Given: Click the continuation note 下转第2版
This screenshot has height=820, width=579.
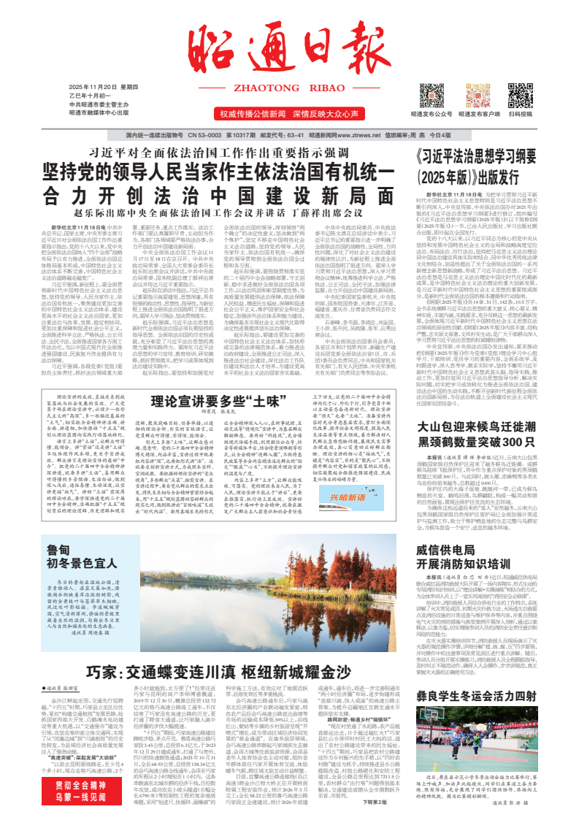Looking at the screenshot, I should [x=372, y=801].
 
